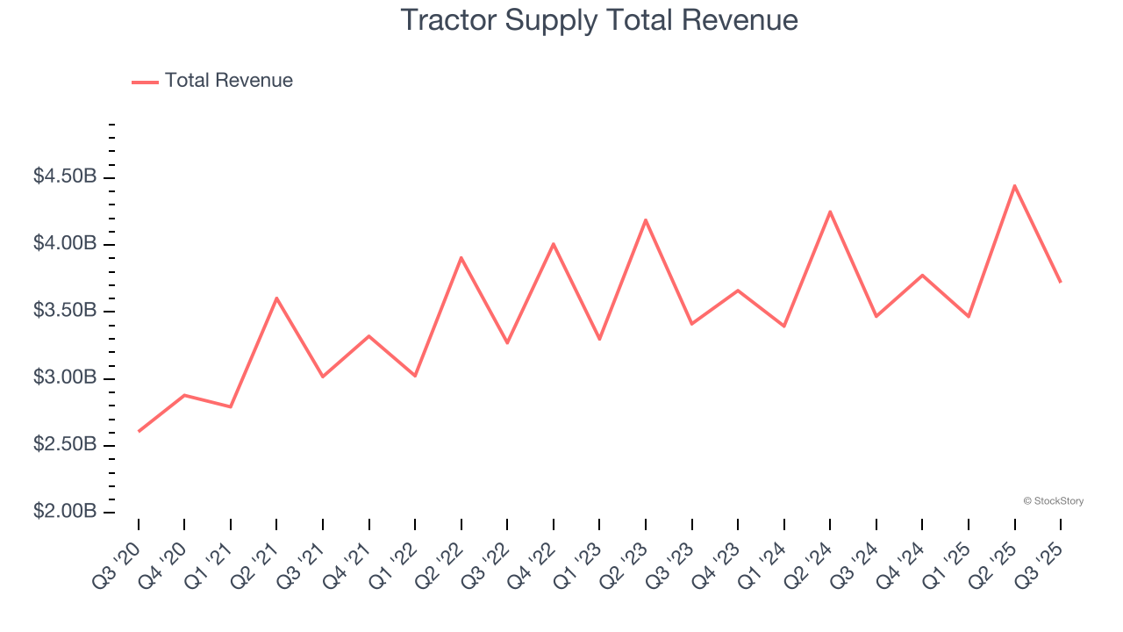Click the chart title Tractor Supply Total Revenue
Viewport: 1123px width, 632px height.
599,20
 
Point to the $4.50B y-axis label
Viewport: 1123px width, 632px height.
65,176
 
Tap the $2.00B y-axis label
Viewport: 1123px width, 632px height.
65,512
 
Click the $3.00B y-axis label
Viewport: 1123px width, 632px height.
65,377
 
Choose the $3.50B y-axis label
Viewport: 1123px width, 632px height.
65,311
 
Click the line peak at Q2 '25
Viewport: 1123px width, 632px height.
1014,185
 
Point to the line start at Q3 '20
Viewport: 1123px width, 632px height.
139,431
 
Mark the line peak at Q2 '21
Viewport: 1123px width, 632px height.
276,298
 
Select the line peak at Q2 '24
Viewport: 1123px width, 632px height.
830,212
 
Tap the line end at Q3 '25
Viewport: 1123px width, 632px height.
1060,282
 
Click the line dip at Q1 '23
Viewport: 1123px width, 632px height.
599,339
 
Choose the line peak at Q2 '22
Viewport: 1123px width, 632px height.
461,257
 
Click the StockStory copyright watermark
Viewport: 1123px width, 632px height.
1053,501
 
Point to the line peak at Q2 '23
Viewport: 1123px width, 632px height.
646,219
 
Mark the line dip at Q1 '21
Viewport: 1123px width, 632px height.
231,406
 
